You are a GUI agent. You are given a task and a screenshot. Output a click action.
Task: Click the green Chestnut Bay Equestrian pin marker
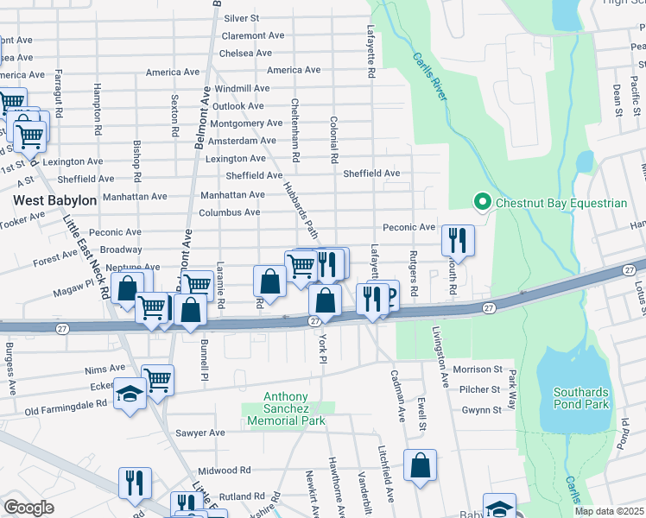point(482,203)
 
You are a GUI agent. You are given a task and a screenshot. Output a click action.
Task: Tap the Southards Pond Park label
point(580,398)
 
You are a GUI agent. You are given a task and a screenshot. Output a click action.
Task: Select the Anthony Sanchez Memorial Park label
point(286,414)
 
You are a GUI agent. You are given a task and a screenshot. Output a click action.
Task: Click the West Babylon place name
point(54,200)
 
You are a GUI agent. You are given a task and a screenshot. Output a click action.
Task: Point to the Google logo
point(28,508)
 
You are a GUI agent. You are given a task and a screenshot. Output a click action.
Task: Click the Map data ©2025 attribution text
point(609,511)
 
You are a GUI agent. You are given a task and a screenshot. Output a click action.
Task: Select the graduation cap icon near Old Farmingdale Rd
point(130,396)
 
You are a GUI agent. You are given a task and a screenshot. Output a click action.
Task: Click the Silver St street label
point(242,18)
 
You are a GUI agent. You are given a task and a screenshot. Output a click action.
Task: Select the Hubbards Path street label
point(300,209)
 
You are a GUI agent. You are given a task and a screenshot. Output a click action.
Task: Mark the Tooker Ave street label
point(23,216)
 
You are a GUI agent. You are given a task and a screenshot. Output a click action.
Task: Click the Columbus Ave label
point(229,212)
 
